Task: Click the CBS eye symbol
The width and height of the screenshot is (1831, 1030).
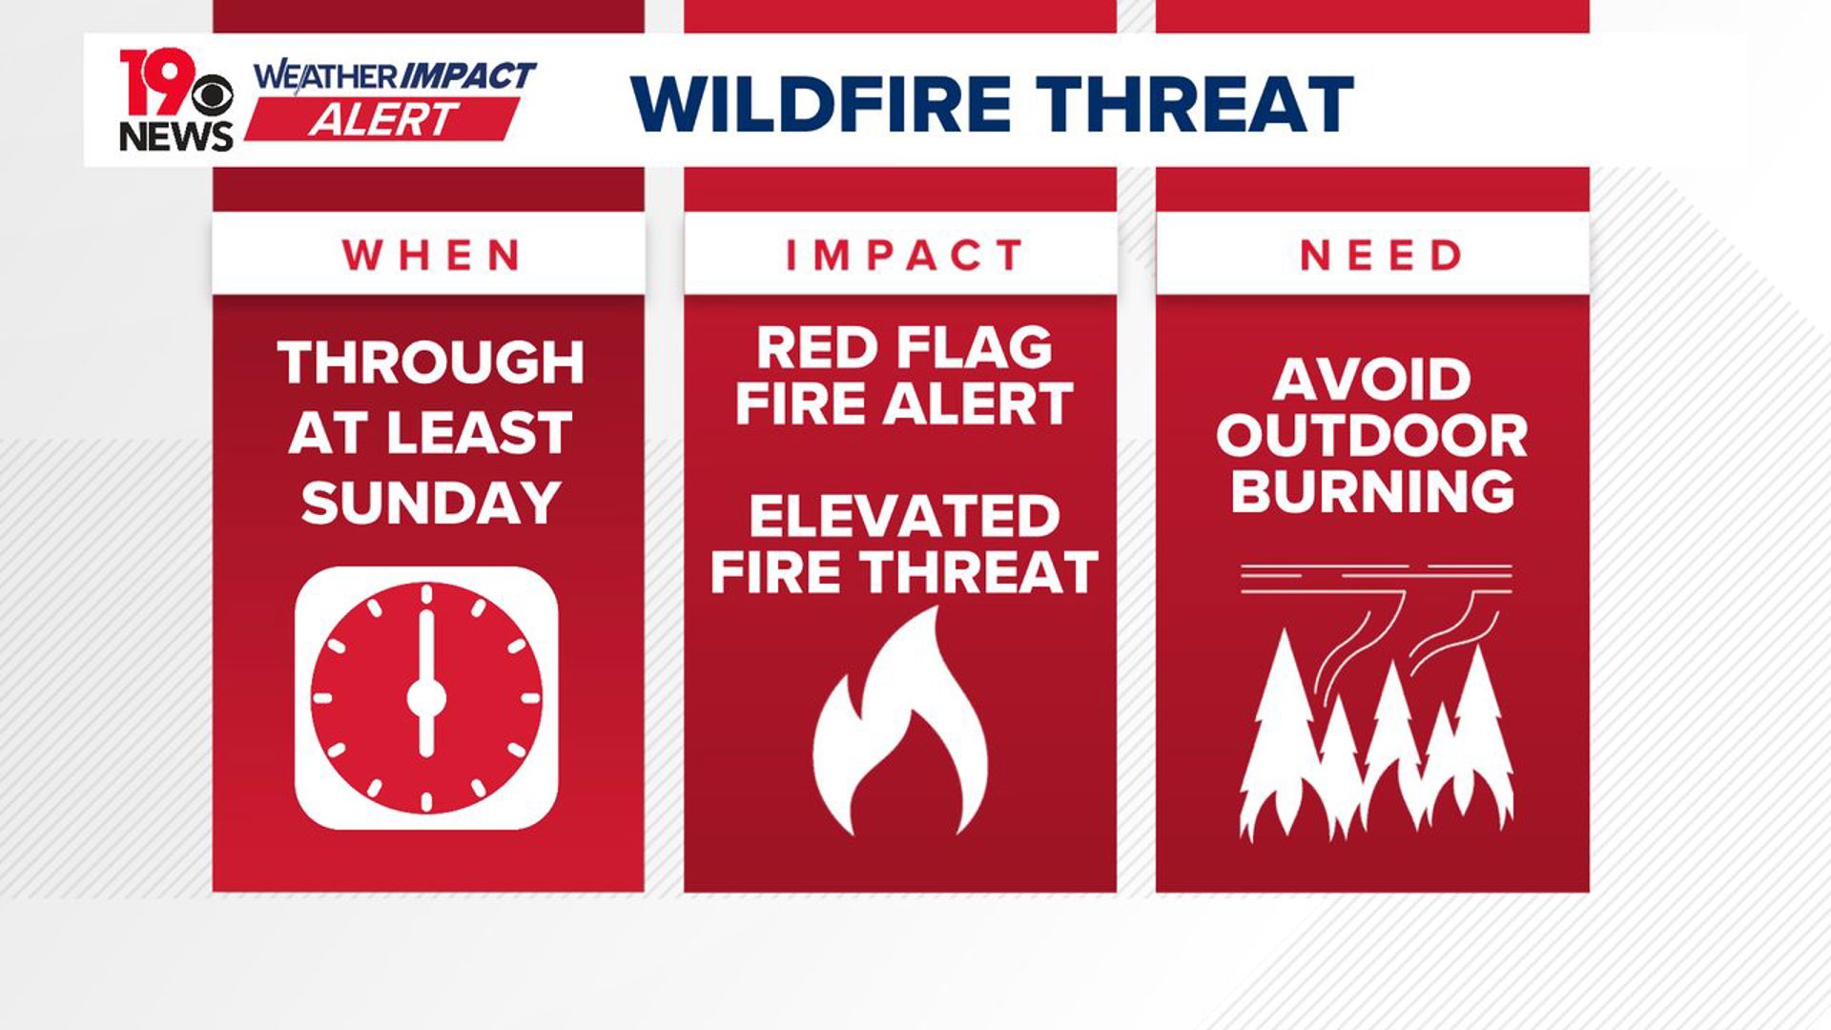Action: [212, 95]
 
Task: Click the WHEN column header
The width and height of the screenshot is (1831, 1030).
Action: [430, 255]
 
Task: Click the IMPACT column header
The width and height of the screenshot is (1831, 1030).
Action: [902, 255]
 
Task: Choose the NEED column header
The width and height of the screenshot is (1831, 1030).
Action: [1379, 255]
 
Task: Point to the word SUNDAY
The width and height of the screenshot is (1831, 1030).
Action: [430, 503]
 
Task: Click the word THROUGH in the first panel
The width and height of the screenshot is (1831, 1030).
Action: [430, 363]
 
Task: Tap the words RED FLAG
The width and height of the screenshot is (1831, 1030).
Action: [903, 347]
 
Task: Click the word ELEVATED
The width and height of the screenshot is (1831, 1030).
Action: [903, 516]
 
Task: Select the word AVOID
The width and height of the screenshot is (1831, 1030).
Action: [1371, 381]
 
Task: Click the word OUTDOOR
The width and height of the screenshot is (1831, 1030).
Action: [1371, 436]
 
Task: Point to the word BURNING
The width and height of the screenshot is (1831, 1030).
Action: [1371, 492]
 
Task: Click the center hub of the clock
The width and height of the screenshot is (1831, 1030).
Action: [426, 698]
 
